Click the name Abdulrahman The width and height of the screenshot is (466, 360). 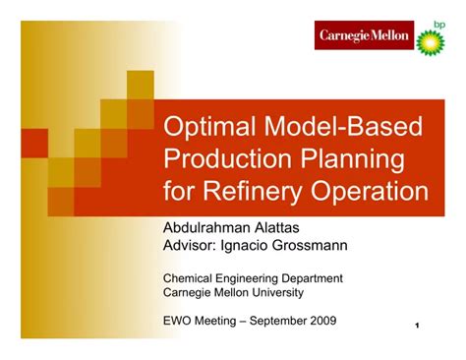[x=211, y=227]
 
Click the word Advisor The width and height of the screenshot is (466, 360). [x=189, y=244]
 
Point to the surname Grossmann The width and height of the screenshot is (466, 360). [x=313, y=244]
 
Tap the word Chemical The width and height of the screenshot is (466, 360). [x=187, y=277]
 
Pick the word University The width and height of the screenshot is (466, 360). [x=276, y=292]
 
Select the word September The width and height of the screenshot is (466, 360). [x=279, y=320]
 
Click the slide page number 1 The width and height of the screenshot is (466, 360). [x=417, y=326]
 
